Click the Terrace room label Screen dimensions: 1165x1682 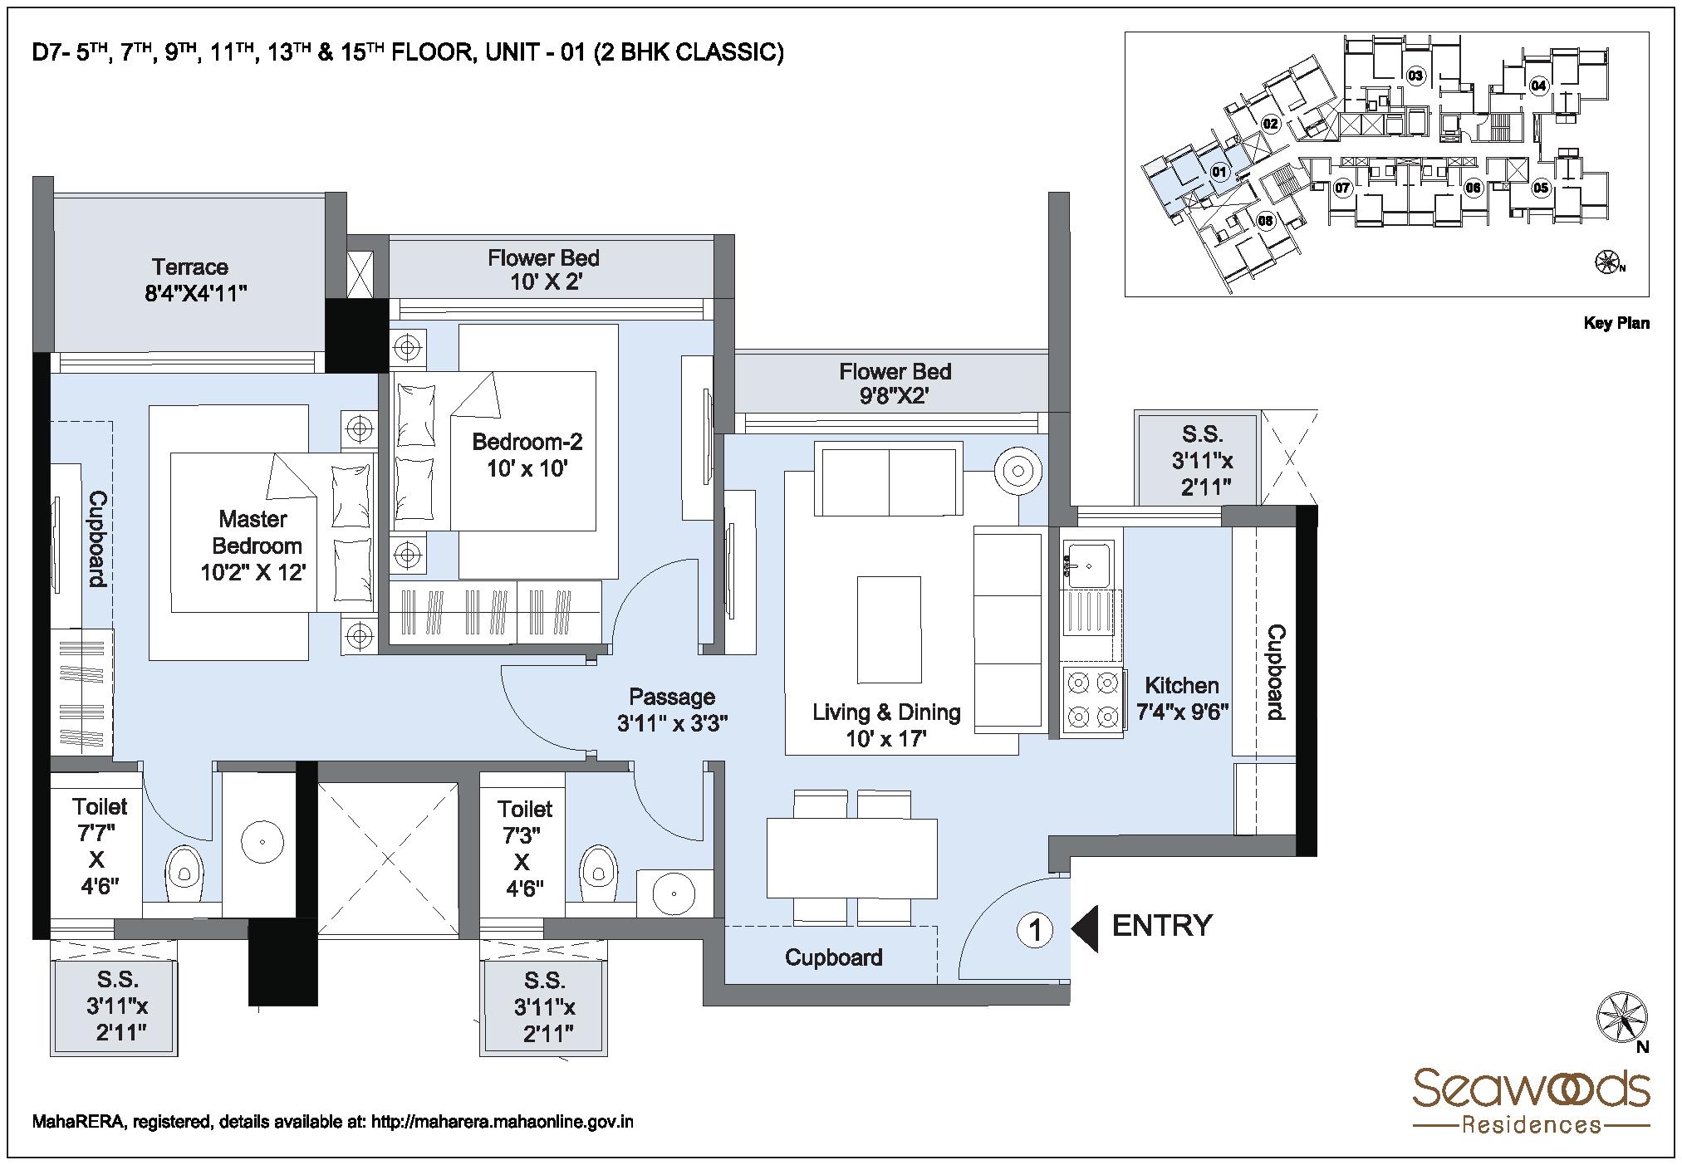(x=189, y=267)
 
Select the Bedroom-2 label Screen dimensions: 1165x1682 (x=527, y=441)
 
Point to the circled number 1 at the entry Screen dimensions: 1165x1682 (x=1035, y=930)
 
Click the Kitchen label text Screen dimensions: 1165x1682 (x=1181, y=686)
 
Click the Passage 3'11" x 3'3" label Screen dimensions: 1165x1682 (x=672, y=710)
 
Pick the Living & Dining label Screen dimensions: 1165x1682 (x=885, y=712)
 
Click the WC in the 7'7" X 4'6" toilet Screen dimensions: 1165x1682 (x=184, y=872)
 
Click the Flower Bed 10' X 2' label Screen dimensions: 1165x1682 (x=543, y=269)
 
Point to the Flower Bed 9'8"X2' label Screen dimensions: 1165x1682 (x=894, y=383)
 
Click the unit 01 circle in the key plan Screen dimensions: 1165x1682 (x=1219, y=173)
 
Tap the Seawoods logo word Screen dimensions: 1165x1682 (x=1531, y=1089)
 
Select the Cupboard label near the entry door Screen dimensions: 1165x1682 (x=833, y=957)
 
